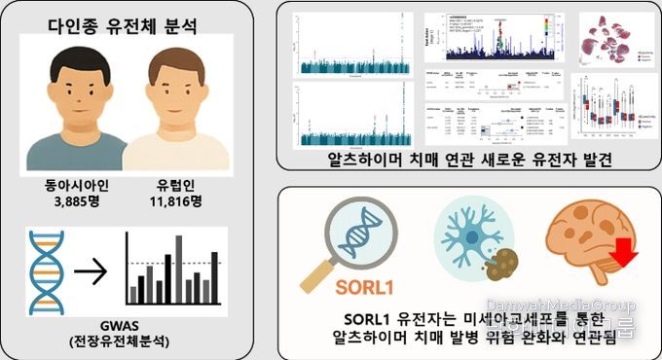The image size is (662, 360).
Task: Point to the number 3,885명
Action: [x=74, y=201]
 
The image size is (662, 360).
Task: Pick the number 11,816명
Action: [x=175, y=201]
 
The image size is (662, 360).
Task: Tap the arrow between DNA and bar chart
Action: [x=91, y=271]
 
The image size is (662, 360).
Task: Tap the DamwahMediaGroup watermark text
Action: [x=560, y=305]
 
